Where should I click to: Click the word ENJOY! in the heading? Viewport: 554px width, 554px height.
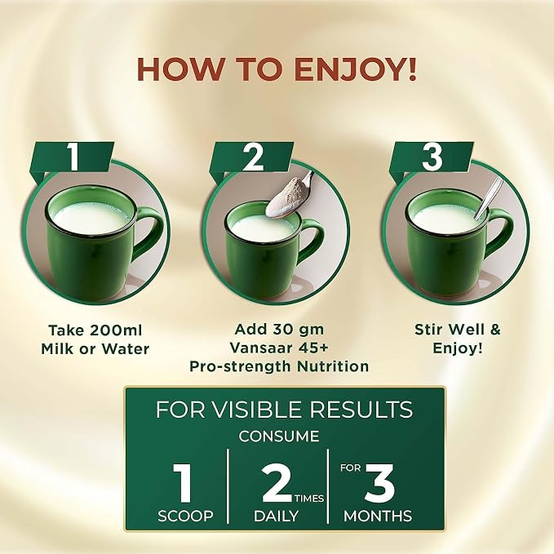pyautogui.click(x=355, y=69)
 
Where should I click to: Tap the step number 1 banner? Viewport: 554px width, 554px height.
pyautogui.click(x=73, y=157)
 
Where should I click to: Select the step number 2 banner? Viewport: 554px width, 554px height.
pyautogui.click(x=251, y=157)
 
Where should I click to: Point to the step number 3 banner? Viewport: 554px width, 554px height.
pyautogui.click(x=432, y=157)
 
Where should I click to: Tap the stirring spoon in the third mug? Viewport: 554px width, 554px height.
pyautogui.click(x=488, y=198)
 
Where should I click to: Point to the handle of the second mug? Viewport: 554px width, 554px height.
pyautogui.click(x=312, y=237)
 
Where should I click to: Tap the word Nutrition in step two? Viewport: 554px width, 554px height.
pyautogui.click(x=333, y=366)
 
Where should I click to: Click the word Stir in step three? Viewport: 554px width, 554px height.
pyautogui.click(x=428, y=330)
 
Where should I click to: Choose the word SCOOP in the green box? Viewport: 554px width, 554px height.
pyautogui.click(x=185, y=516)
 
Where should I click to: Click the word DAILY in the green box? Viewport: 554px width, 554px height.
pyautogui.click(x=277, y=516)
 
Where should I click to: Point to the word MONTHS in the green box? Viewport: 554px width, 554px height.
pyautogui.click(x=378, y=516)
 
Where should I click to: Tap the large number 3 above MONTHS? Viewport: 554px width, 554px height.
pyautogui.click(x=380, y=483)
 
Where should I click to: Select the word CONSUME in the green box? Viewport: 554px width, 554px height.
pyautogui.click(x=279, y=437)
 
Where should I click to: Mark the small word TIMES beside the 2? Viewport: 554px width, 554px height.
pyautogui.click(x=309, y=499)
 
